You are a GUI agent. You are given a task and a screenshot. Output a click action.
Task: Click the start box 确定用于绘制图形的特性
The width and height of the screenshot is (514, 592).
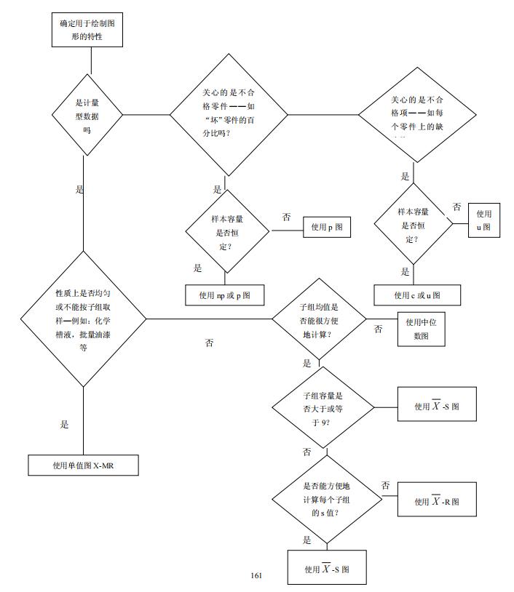pyautogui.click(x=87, y=30)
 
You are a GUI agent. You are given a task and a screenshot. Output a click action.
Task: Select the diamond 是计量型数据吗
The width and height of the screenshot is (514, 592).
pyautogui.click(x=87, y=114)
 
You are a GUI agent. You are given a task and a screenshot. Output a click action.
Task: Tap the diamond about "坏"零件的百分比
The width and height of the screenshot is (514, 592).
pyautogui.click(x=229, y=114)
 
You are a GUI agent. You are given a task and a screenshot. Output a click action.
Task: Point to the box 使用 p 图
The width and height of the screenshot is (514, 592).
pyautogui.click(x=326, y=228)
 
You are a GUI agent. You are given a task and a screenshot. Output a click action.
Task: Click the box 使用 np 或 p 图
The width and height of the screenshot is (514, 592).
pyautogui.click(x=224, y=295)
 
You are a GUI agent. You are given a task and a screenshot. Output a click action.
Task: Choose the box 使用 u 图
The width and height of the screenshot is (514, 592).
pyautogui.click(x=483, y=220)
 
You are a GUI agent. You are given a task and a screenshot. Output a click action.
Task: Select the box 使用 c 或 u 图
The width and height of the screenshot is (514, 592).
pyautogui.click(x=417, y=295)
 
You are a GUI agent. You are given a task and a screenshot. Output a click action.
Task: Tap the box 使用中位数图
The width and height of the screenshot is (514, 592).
pyautogui.click(x=420, y=329)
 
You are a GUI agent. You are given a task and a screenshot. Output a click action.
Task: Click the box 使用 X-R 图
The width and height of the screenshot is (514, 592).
pyautogui.click(x=436, y=500)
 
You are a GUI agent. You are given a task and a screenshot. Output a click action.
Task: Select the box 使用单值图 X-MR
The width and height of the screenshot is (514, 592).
pyautogui.click(x=84, y=465)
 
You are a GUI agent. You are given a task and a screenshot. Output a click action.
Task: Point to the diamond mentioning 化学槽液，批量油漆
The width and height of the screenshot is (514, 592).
pyautogui.click(x=83, y=319)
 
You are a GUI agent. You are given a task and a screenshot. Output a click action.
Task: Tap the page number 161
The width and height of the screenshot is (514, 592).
pyautogui.click(x=256, y=575)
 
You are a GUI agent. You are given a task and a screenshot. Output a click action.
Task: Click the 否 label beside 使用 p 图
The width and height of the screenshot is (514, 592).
pyautogui.click(x=286, y=217)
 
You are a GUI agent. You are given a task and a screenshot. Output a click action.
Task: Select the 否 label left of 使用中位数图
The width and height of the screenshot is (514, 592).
pyautogui.click(x=378, y=329)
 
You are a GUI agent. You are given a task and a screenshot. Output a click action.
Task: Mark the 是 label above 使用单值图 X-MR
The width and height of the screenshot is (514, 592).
pyautogui.click(x=65, y=424)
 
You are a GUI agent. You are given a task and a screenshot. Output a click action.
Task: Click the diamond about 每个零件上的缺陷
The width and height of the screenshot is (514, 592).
pyautogui.click(x=416, y=114)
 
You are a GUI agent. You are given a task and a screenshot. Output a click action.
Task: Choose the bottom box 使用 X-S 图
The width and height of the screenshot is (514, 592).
pyautogui.click(x=326, y=568)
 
